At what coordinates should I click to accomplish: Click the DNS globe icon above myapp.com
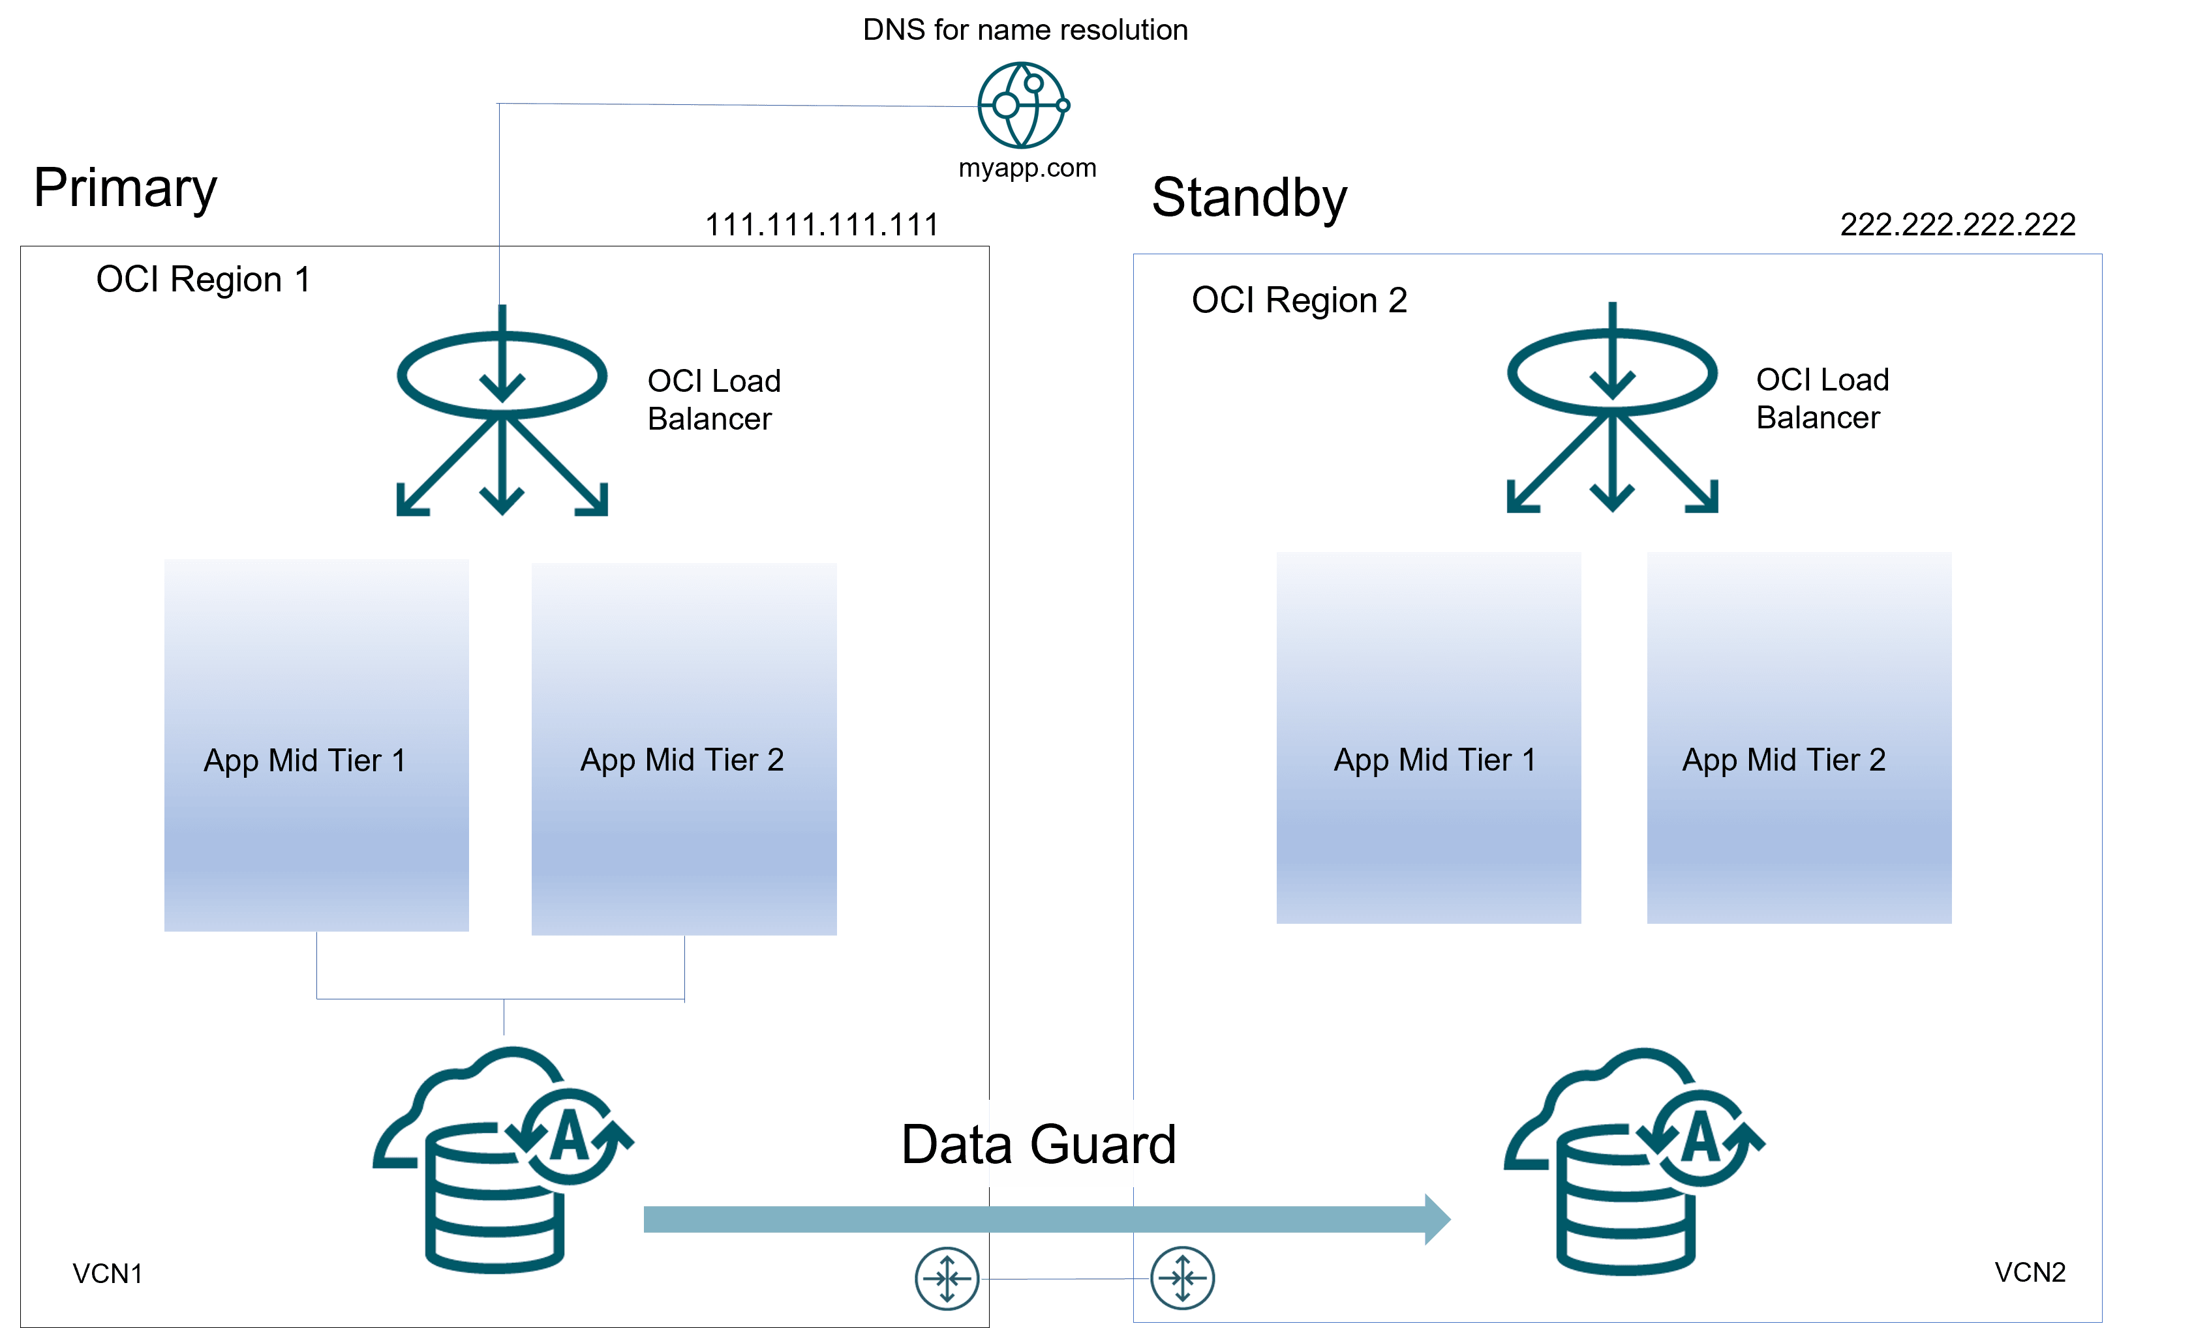[1022, 105]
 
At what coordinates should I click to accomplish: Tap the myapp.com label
[1027, 168]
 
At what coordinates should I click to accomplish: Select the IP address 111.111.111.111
[821, 224]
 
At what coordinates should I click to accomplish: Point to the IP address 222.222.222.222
[1957, 224]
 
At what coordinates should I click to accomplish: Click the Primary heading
[125, 188]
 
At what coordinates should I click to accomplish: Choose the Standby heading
[1249, 198]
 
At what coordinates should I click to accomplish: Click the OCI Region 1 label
[203, 280]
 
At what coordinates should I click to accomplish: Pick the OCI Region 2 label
[1298, 301]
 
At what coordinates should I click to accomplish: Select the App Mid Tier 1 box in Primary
[316, 745]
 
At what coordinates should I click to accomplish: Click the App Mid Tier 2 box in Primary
[684, 748]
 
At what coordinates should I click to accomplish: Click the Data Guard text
[1038, 1145]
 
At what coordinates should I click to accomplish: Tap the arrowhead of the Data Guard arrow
[1435, 1218]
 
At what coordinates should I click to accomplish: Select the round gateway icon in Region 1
[947, 1278]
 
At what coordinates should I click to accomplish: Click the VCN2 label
[2030, 1272]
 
